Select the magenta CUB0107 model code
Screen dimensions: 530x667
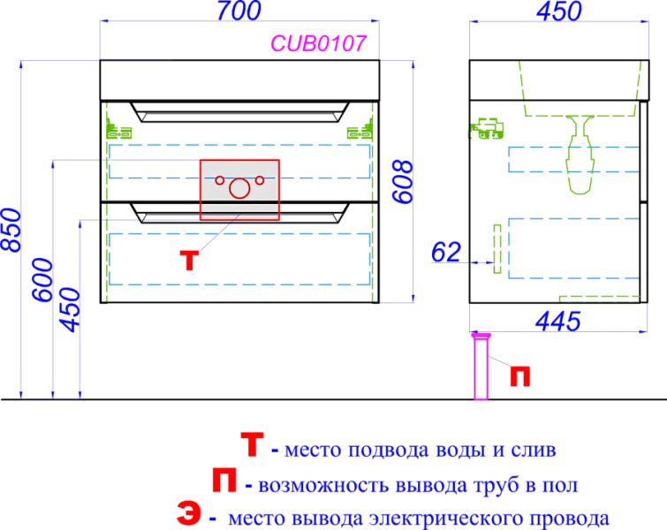[x=319, y=42]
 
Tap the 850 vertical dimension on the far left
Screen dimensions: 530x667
[x=8, y=229]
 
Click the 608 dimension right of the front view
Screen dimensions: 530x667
[x=403, y=181]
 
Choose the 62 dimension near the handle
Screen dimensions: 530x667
[x=447, y=254]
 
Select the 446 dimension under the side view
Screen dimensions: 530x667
[x=557, y=320]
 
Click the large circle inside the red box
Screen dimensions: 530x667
[x=239, y=188]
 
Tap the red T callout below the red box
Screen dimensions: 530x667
[x=189, y=261]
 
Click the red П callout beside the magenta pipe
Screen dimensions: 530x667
[x=521, y=376]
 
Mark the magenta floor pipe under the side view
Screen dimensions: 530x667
[x=481, y=367]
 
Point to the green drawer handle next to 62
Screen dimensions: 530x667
[x=496, y=249]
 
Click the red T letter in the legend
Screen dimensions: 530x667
[x=252, y=447]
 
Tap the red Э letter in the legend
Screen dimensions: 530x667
[x=189, y=516]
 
